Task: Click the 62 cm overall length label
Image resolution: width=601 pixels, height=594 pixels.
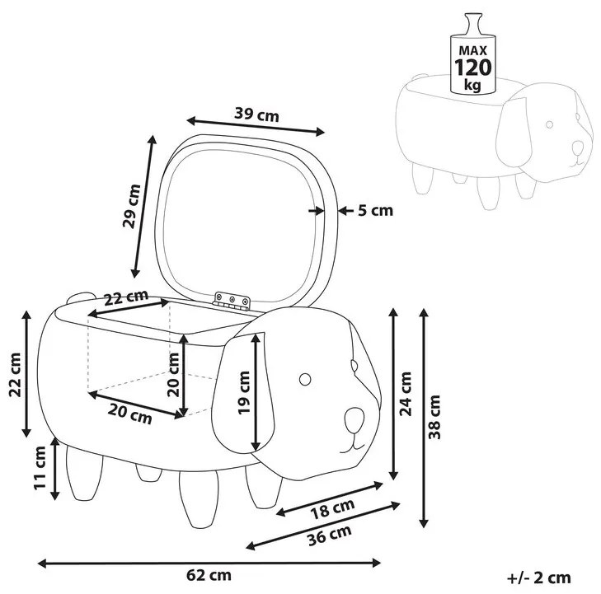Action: tap(209, 575)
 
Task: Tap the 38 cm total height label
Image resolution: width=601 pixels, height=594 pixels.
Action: tap(434, 418)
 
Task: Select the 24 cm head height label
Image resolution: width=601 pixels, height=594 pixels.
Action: tap(406, 394)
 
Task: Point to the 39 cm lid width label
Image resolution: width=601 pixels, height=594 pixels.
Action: tap(256, 115)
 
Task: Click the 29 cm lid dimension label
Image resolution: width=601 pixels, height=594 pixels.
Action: tap(131, 206)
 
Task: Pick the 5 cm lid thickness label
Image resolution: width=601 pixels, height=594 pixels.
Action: tap(376, 210)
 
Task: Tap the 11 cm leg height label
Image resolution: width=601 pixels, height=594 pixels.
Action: tap(40, 468)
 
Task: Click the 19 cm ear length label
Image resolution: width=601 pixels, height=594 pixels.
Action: tap(244, 392)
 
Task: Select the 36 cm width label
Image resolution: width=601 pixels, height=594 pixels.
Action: tap(330, 535)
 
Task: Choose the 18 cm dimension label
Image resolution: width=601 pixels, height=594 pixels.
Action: tap(332, 508)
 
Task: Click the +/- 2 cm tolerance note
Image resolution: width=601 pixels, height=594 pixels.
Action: tap(539, 578)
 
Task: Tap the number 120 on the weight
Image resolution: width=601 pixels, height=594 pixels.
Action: tap(472, 68)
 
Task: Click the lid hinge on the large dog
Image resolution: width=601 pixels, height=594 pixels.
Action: tap(232, 300)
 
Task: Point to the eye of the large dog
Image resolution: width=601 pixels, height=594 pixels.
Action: tap(305, 380)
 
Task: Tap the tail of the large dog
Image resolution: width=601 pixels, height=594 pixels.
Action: tap(80, 297)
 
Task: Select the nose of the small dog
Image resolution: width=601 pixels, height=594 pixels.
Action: tap(577, 147)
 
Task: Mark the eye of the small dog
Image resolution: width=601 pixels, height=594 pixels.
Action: tap(549, 124)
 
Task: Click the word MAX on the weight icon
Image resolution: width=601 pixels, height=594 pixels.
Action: tap(472, 50)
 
